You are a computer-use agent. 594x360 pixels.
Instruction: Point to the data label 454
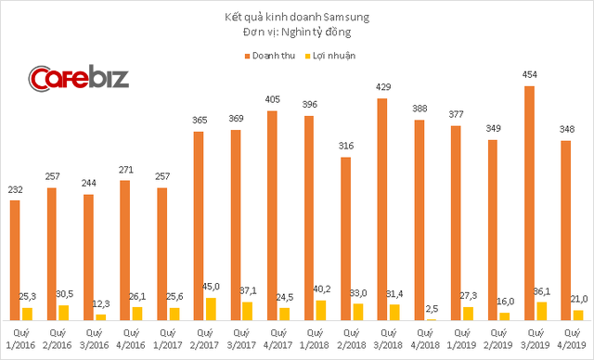(x=529, y=77)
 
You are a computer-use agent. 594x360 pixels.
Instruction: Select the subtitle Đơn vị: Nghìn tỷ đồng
(x=298, y=33)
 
